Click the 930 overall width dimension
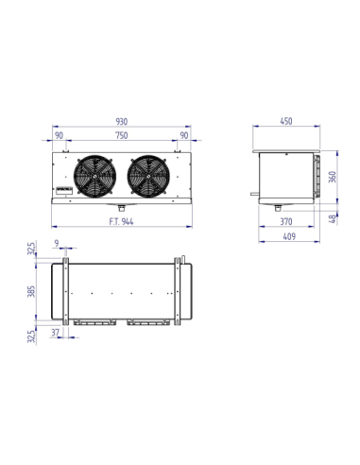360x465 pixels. pyautogui.click(x=122, y=121)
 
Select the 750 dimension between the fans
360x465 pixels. pyautogui.click(x=121, y=135)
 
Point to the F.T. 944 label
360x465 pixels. pyautogui.click(x=121, y=223)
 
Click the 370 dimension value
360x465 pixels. pyautogui.click(x=284, y=223)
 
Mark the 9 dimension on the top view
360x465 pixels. pyautogui.click(x=59, y=245)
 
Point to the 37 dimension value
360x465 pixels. pyautogui.click(x=58, y=333)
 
